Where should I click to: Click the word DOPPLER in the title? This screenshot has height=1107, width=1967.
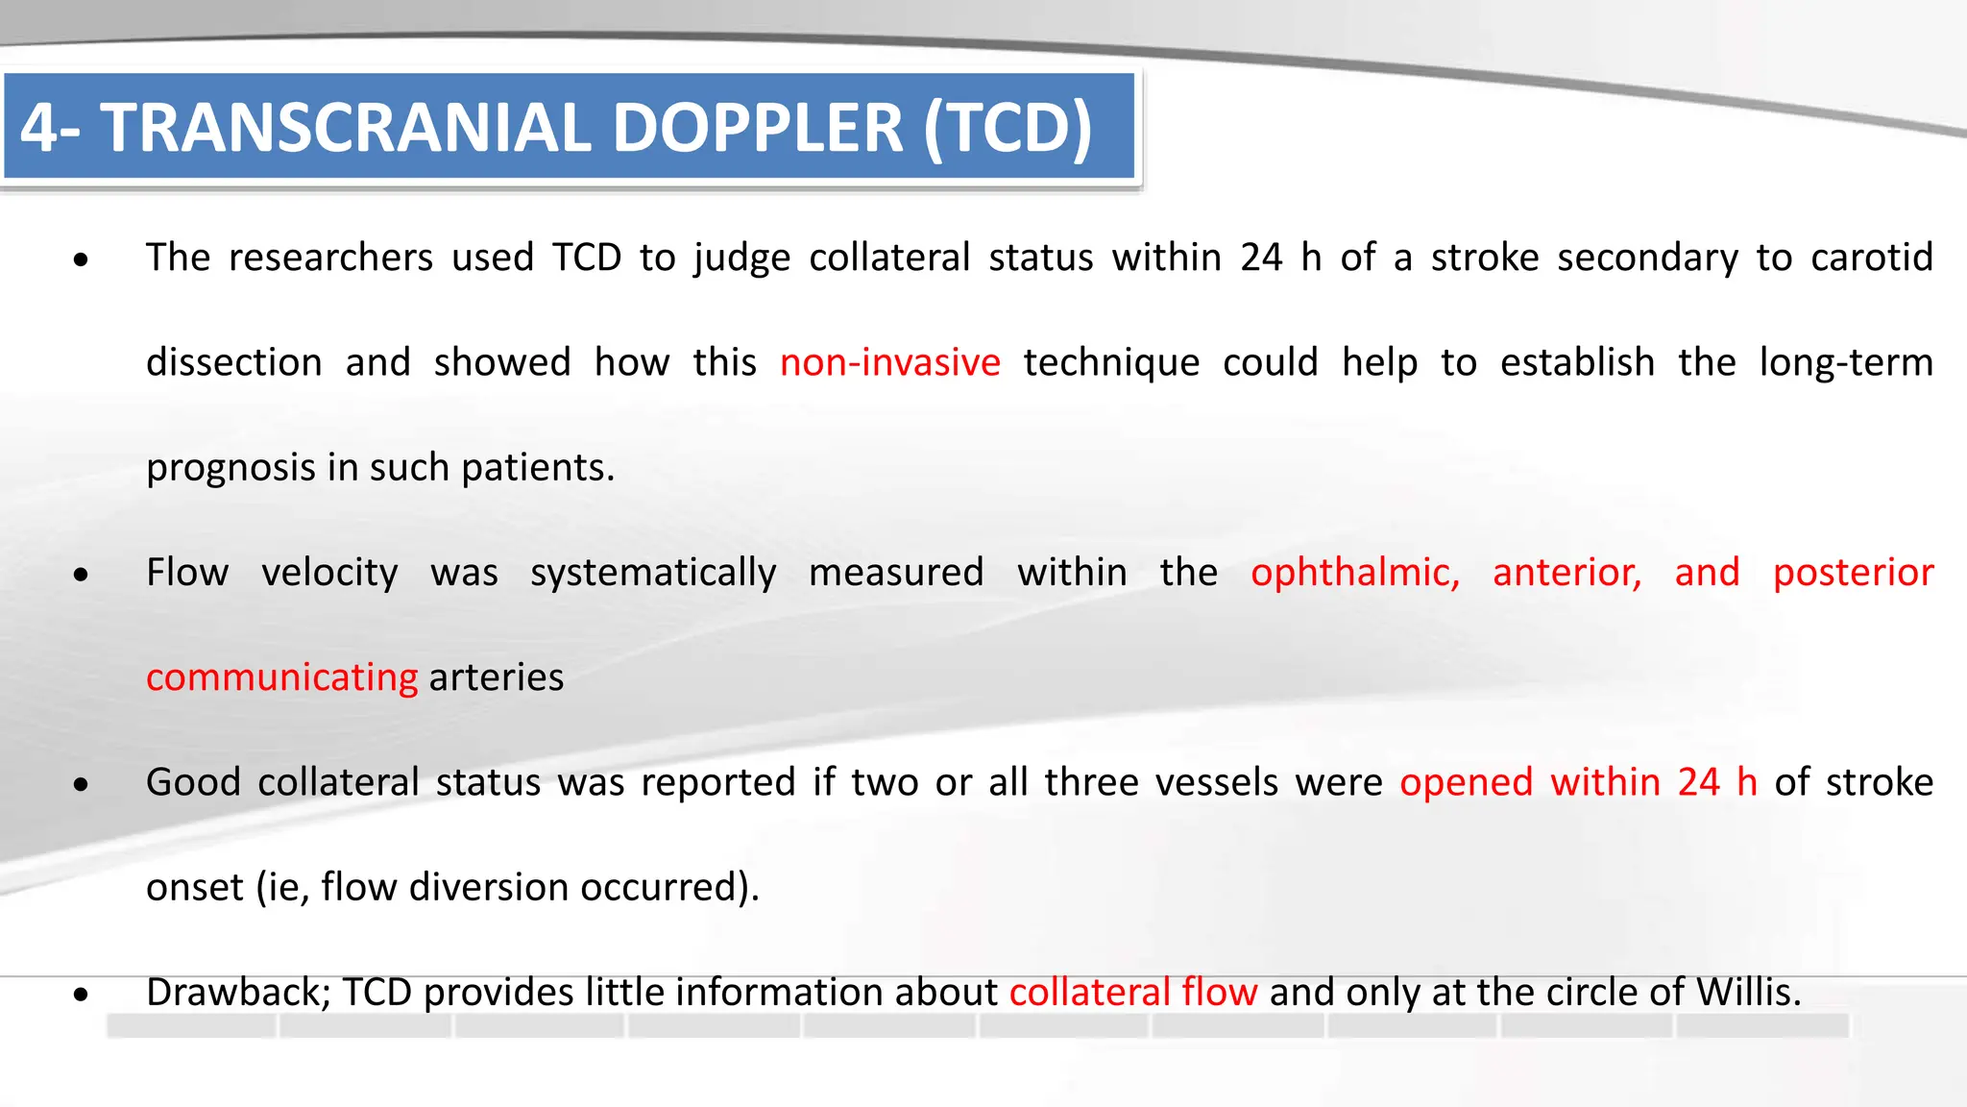[x=758, y=128]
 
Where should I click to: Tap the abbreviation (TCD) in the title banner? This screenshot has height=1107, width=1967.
[x=1008, y=128]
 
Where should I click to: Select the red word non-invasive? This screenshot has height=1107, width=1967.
[x=889, y=363]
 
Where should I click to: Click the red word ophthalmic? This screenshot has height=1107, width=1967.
[x=1354, y=573]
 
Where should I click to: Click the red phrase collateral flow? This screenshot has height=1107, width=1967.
[x=1132, y=993]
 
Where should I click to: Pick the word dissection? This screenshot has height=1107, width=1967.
[x=233, y=363]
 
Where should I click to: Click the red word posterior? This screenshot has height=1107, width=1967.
[x=1853, y=573]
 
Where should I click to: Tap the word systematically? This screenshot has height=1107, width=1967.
[x=652, y=573]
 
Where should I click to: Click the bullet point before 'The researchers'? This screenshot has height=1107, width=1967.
[x=82, y=260]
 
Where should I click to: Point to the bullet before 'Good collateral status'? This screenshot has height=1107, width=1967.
[x=82, y=785]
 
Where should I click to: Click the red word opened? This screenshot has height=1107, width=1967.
[x=1466, y=783]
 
